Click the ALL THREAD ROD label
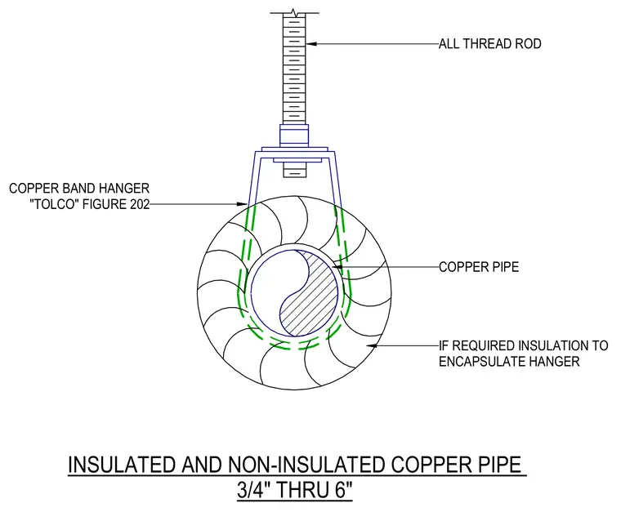[490, 43]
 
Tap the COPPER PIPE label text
[479, 267]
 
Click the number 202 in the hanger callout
[139, 204]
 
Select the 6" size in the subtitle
[344, 489]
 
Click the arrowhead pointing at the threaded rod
[311, 43]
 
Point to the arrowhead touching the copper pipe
[337, 267]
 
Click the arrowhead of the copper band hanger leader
[243, 204]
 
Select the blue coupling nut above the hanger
[294, 136]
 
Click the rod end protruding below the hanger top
[295, 171]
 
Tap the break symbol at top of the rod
[294, 12]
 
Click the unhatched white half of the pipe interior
[270, 289]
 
